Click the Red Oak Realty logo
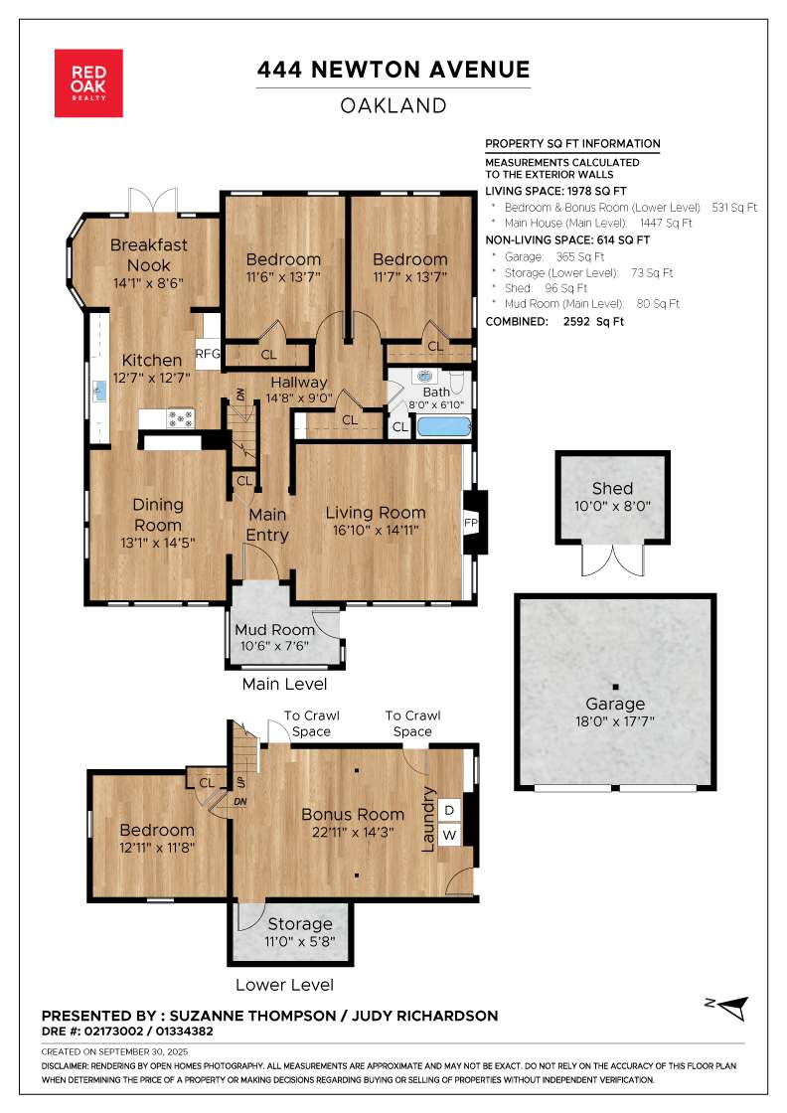click(88, 83)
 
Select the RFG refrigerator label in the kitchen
click(208, 353)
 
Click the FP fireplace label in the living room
click(470, 523)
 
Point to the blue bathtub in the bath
click(443, 426)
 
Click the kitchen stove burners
click(180, 418)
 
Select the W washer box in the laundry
click(449, 835)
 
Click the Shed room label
click(612, 488)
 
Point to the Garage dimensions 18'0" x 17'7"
click(614, 721)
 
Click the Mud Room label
click(274, 630)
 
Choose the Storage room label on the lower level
click(300, 924)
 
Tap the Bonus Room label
click(353, 814)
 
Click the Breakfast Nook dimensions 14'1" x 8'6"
click(148, 282)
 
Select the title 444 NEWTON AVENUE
click(393, 70)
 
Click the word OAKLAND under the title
click(393, 105)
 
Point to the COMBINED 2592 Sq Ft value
click(593, 322)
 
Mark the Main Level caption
click(284, 685)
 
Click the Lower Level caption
click(284, 985)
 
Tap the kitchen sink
click(99, 391)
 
